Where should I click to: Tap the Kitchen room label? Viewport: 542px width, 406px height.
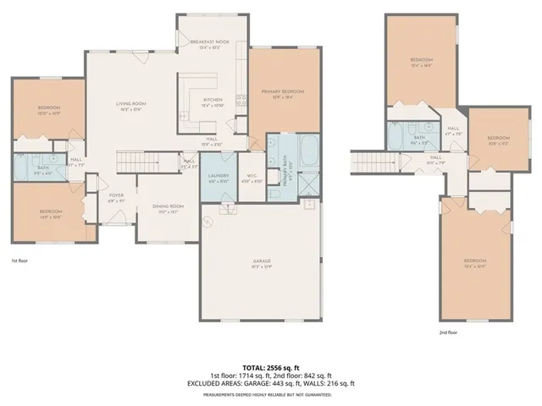(x=212, y=101)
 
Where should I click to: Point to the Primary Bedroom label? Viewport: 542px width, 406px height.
(x=283, y=91)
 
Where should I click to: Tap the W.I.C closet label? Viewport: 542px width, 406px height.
(x=252, y=176)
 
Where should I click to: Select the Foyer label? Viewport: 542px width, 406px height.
(x=116, y=196)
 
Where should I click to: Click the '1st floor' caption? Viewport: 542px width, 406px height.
(x=20, y=261)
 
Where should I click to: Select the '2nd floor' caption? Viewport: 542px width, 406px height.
(x=449, y=332)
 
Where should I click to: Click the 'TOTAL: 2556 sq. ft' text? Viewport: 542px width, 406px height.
(x=271, y=368)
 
